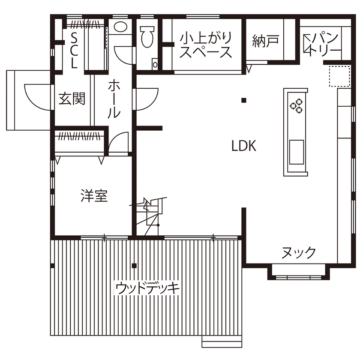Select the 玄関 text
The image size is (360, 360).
(x=72, y=99)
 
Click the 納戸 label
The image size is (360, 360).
(x=265, y=41)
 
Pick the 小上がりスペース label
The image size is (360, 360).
(x=206, y=45)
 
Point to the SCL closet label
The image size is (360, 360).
(x=74, y=51)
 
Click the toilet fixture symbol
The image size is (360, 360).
(x=147, y=36)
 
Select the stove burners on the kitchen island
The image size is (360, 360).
(x=296, y=105)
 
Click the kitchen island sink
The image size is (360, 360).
(x=296, y=152)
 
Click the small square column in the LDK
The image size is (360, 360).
(x=243, y=101)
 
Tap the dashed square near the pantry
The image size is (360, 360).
(x=336, y=76)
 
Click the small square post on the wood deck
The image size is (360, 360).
(x=134, y=266)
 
